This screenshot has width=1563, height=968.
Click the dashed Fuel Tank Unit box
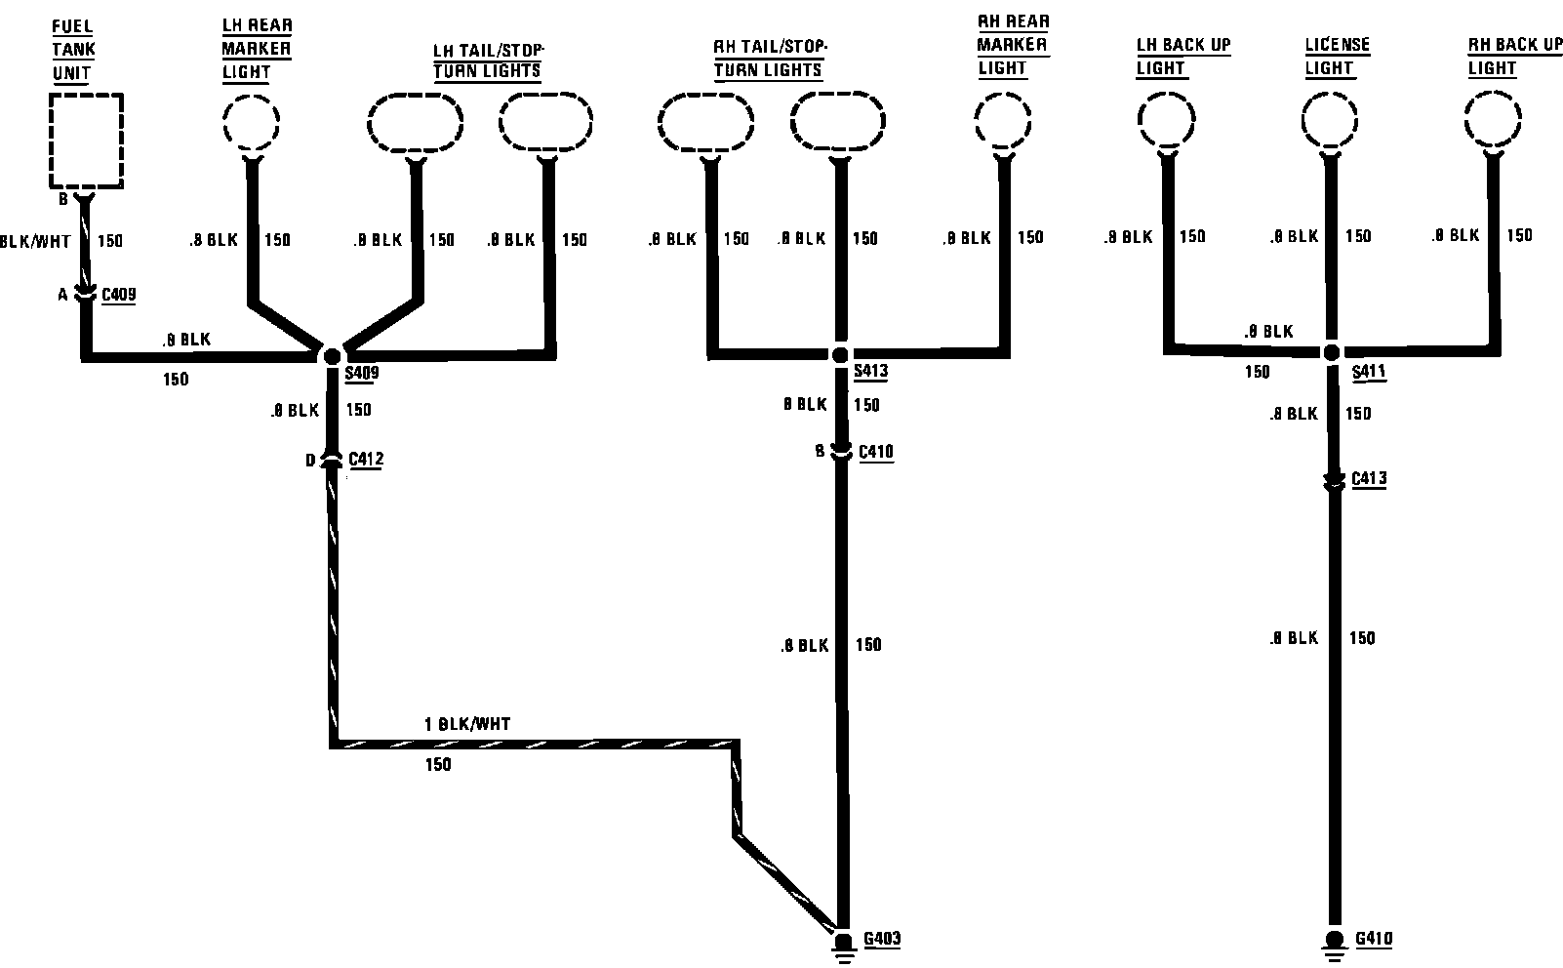click(87, 141)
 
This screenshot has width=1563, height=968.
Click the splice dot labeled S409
click(332, 355)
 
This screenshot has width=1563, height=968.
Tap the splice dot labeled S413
click(840, 354)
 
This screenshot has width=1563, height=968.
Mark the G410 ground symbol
click(1333, 943)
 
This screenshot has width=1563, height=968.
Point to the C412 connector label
click(365, 459)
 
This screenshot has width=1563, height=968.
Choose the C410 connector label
click(875, 452)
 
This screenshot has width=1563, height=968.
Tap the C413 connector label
click(1368, 479)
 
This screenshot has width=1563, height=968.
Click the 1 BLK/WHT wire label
click(467, 725)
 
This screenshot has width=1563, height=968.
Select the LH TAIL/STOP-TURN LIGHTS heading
click(488, 60)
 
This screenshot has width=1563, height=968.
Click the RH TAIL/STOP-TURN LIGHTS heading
click(769, 58)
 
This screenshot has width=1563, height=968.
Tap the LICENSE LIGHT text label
click(1337, 57)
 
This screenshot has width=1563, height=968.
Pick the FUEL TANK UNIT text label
click(73, 49)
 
